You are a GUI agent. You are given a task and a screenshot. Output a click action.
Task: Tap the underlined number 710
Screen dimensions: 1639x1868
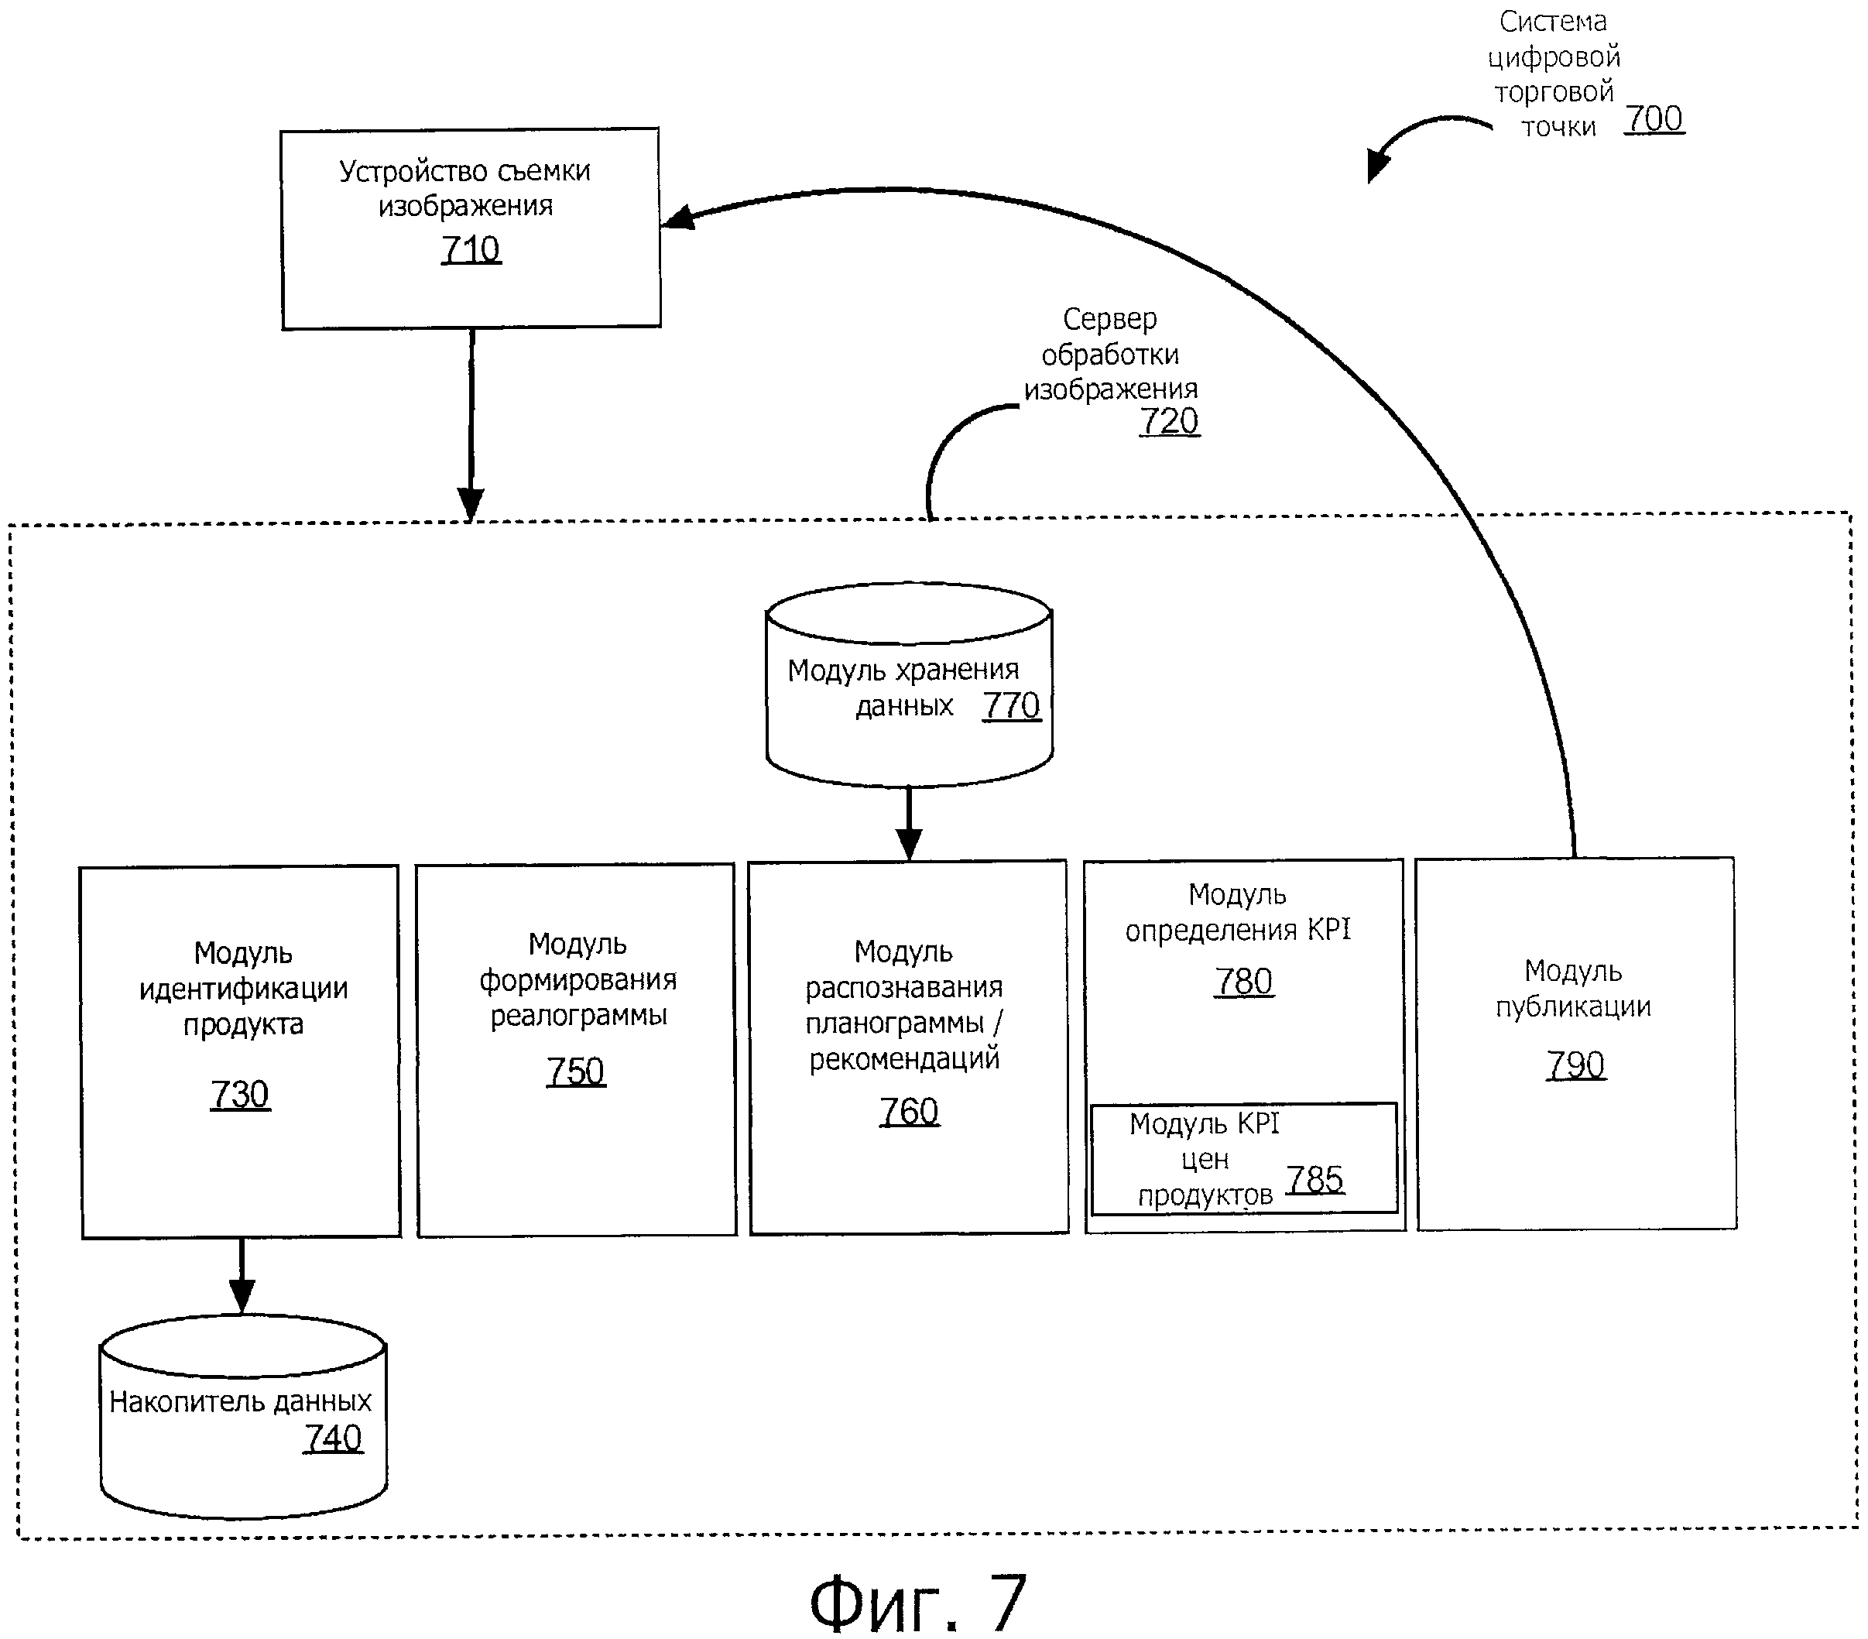coord(471,249)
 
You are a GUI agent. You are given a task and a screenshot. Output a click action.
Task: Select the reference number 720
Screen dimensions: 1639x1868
coord(1169,421)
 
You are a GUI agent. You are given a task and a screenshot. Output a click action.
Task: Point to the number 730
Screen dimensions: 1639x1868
coord(239,1094)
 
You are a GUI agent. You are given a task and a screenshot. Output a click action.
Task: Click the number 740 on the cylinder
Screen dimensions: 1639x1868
coord(333,1438)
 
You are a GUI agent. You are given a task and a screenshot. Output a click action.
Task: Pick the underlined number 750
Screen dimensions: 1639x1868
coord(576,1072)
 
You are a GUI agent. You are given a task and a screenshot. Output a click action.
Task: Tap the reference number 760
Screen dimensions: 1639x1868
coord(908,1112)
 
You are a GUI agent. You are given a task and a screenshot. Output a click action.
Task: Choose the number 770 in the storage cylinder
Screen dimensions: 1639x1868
coord(1012,706)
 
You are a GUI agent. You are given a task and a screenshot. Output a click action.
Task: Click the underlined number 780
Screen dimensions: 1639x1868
coord(1244,982)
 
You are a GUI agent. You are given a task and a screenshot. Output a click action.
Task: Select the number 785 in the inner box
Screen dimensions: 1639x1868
coord(1315,1180)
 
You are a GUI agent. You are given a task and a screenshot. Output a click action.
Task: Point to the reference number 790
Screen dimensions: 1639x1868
coord(1575,1065)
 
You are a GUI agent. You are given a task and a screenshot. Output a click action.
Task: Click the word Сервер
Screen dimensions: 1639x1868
coord(1109,319)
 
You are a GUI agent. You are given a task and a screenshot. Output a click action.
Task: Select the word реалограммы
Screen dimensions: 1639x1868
coord(578,1016)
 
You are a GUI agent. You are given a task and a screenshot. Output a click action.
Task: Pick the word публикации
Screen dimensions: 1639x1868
coord(1573,1006)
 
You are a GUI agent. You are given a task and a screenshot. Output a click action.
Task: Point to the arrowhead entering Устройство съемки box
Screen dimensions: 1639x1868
coord(677,218)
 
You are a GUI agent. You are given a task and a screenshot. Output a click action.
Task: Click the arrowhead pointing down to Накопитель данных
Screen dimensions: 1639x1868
coord(242,1296)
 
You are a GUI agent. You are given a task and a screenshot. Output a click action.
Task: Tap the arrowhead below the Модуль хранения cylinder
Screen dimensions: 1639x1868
coord(908,843)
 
